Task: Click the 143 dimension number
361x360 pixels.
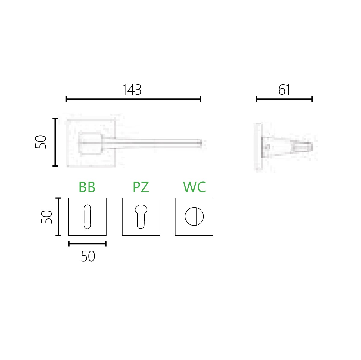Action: (132, 90)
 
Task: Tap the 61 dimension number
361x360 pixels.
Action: (284, 90)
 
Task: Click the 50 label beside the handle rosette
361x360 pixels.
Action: (41, 142)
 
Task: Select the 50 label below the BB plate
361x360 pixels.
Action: (88, 256)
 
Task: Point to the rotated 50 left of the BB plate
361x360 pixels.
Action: (47, 217)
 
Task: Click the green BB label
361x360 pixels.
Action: (87, 187)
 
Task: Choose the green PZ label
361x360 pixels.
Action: (141, 187)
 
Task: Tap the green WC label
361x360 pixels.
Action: (194, 187)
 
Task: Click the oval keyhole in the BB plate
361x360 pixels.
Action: (87, 217)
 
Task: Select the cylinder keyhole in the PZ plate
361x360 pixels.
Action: (141, 217)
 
